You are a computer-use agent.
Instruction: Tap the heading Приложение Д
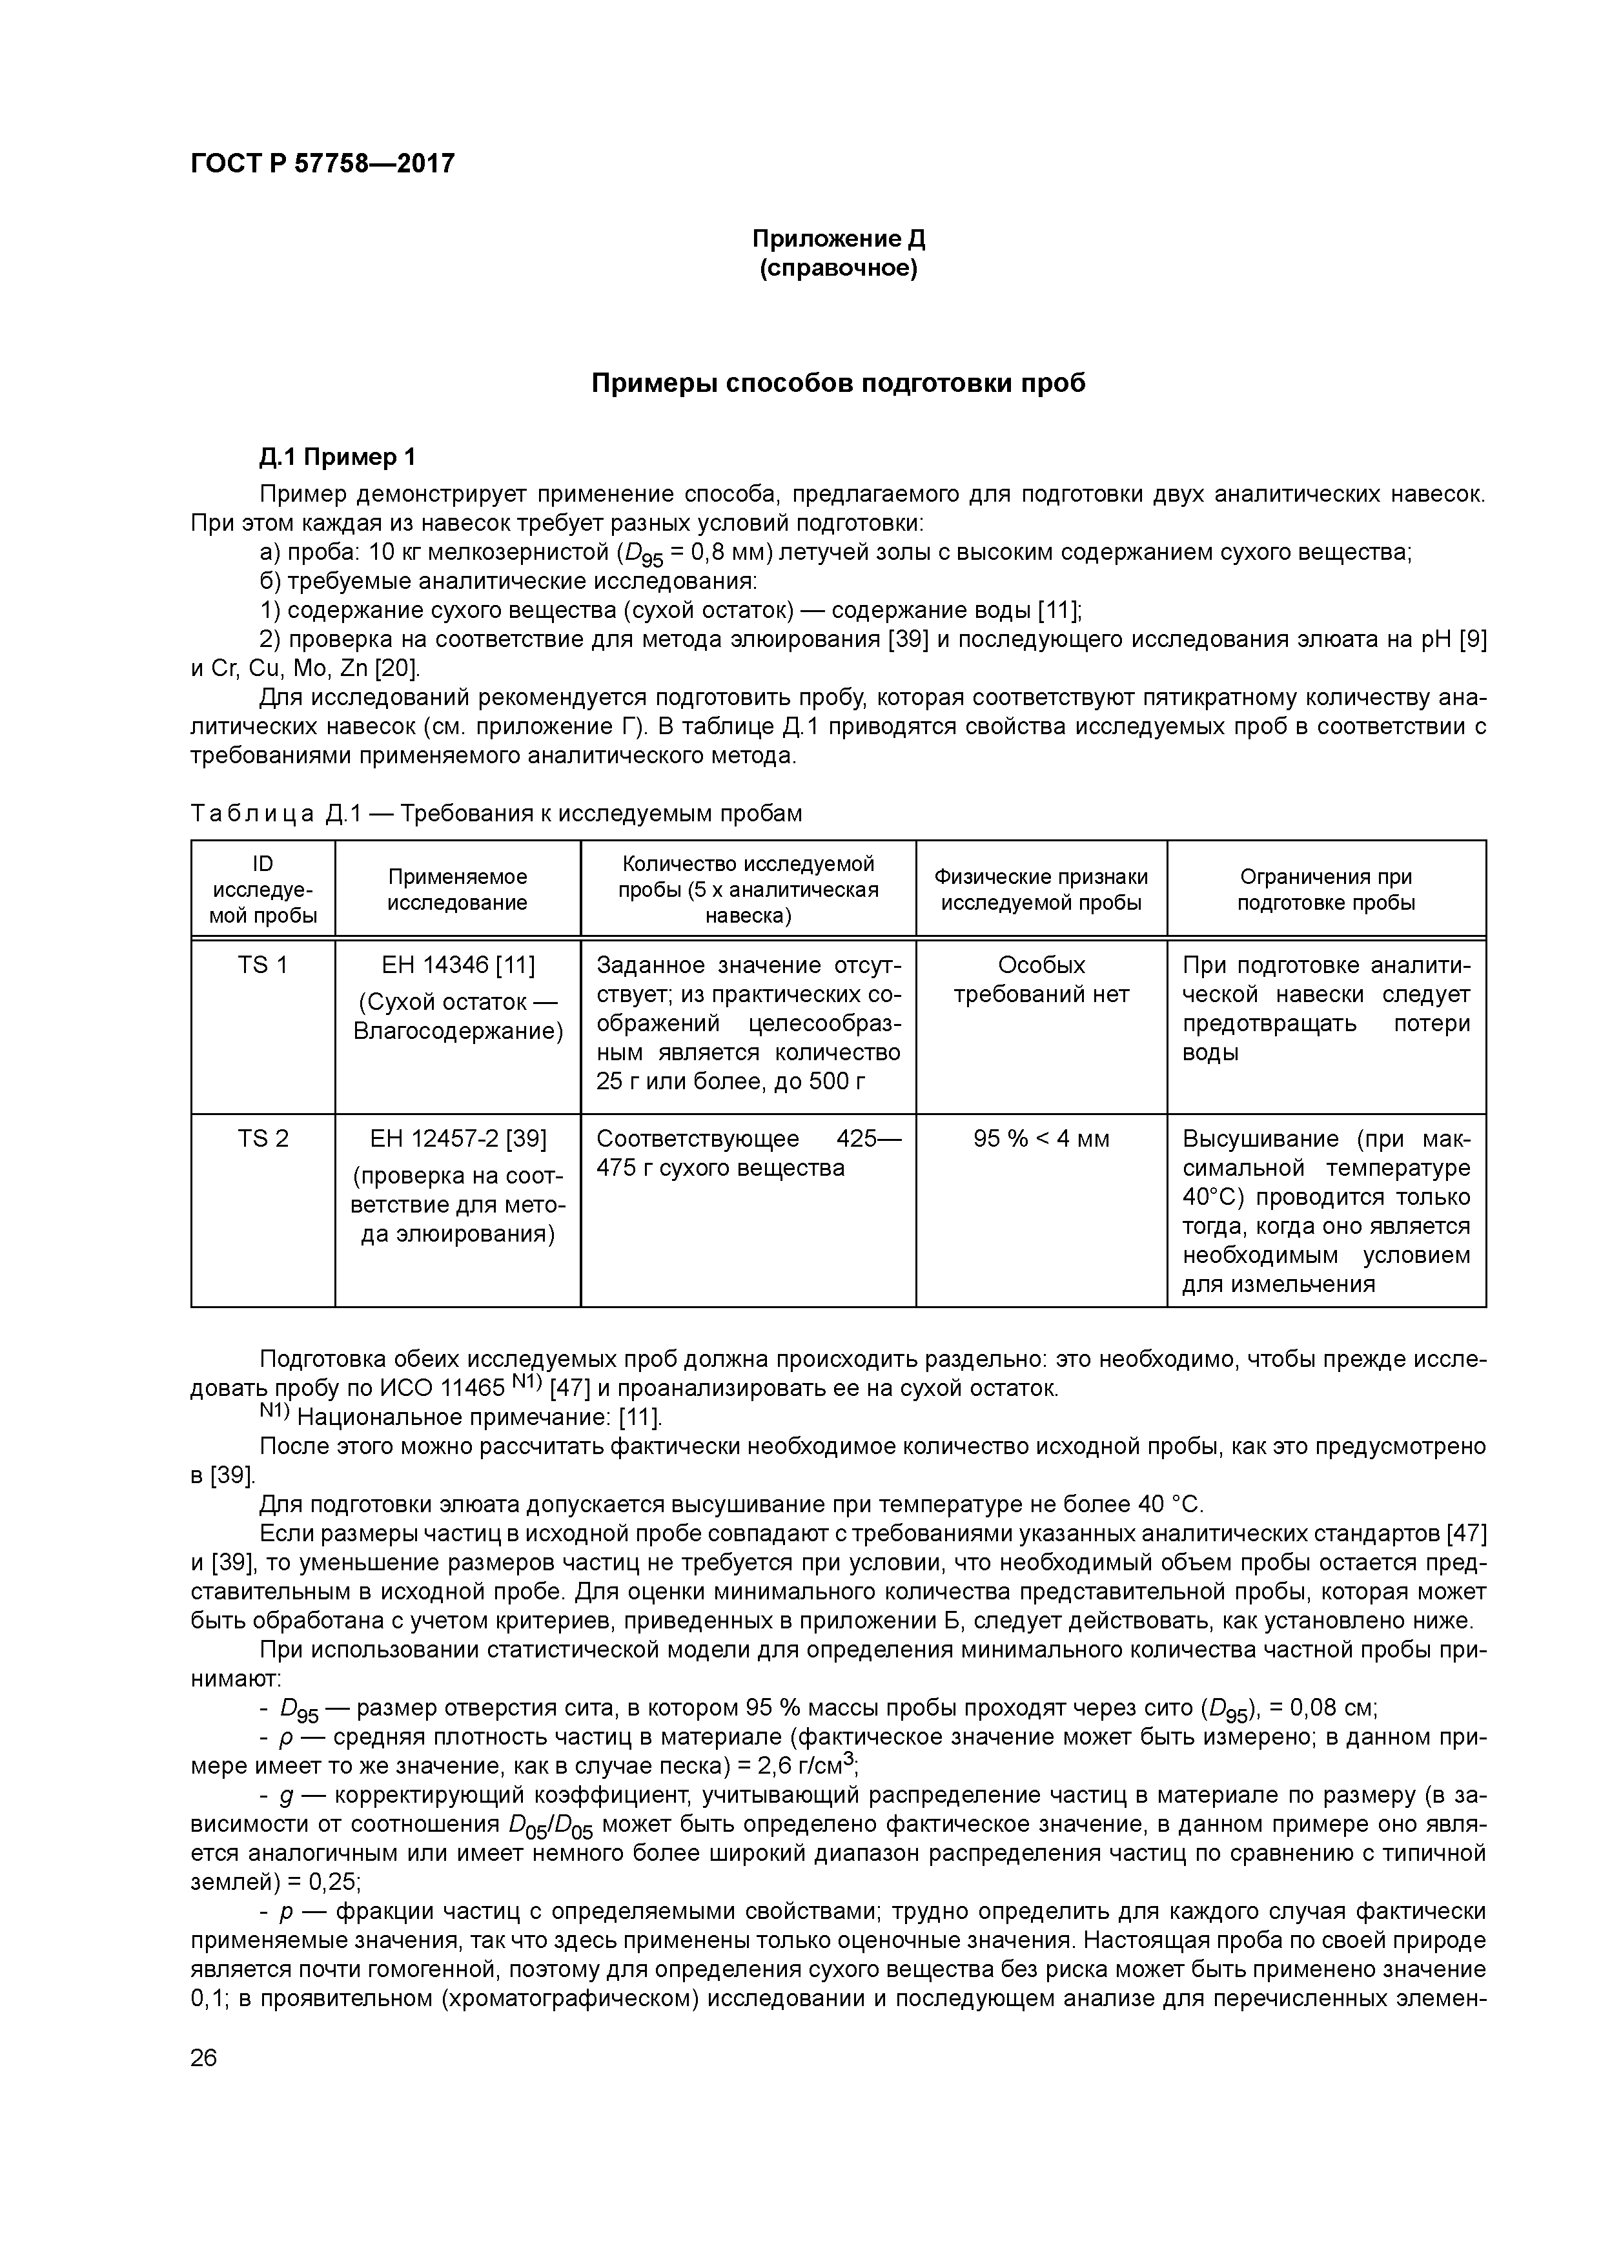(x=839, y=239)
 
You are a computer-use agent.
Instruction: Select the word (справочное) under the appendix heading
(x=839, y=269)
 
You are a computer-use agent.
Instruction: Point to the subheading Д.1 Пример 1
(x=338, y=456)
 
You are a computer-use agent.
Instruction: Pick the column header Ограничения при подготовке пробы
(x=1326, y=889)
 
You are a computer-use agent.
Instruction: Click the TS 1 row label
(x=262, y=965)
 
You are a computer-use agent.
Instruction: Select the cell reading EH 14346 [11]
(x=458, y=965)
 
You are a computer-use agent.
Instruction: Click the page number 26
(x=204, y=2058)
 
